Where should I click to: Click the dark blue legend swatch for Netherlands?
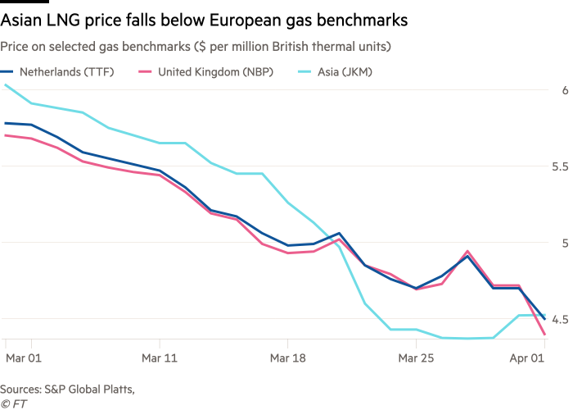coord(10,71)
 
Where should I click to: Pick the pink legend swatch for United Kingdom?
coord(148,71)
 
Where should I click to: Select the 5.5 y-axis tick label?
coord(560,166)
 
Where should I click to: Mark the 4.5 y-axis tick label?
coord(560,318)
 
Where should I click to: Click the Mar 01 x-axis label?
coord(22,358)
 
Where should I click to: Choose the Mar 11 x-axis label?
coord(159,358)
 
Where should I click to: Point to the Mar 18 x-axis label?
coord(287,358)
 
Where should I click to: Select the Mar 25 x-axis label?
coord(416,358)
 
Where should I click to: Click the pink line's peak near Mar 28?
coord(467,252)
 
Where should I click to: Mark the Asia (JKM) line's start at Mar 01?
coord(5,84)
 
